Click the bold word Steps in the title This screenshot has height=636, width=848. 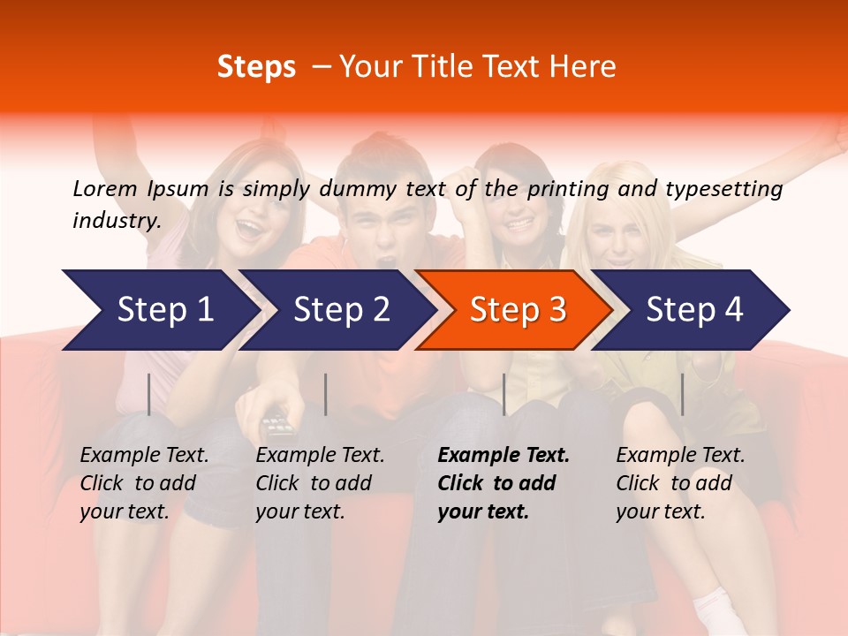(256, 67)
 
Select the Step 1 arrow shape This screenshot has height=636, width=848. (159, 310)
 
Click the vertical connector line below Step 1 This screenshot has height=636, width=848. (149, 394)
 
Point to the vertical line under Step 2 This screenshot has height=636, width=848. (326, 394)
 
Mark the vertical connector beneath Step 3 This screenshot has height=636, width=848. (503, 394)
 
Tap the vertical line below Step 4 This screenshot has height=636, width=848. (682, 394)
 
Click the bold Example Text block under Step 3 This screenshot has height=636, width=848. (503, 483)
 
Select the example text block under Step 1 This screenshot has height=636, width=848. (144, 483)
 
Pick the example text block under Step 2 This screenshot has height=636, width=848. (320, 483)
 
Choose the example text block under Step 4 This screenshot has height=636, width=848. (680, 483)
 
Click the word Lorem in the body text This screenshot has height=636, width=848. (105, 189)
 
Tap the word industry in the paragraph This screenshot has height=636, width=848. (116, 221)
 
